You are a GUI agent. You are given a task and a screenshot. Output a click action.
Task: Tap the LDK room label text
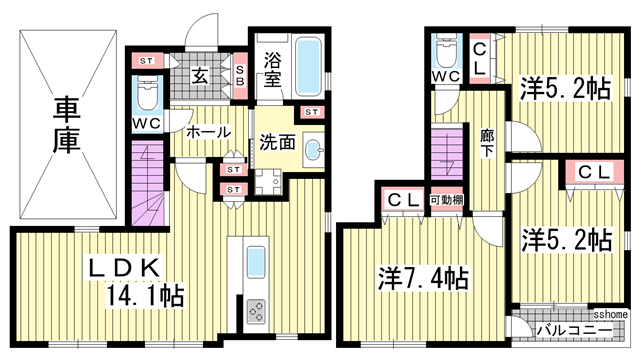(121, 267)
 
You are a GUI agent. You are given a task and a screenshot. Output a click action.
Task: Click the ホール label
(208, 132)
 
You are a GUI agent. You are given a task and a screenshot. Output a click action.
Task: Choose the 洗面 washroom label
(277, 141)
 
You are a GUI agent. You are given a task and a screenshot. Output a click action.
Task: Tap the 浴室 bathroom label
(274, 71)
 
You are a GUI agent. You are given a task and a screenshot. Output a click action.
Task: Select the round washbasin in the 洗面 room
(313, 151)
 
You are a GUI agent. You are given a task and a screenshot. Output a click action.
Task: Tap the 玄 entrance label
(199, 75)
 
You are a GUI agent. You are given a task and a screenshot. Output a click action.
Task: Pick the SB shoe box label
(240, 75)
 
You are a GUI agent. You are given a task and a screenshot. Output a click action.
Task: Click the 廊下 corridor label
(487, 143)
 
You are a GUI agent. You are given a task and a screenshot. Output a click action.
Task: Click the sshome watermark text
(609, 313)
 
